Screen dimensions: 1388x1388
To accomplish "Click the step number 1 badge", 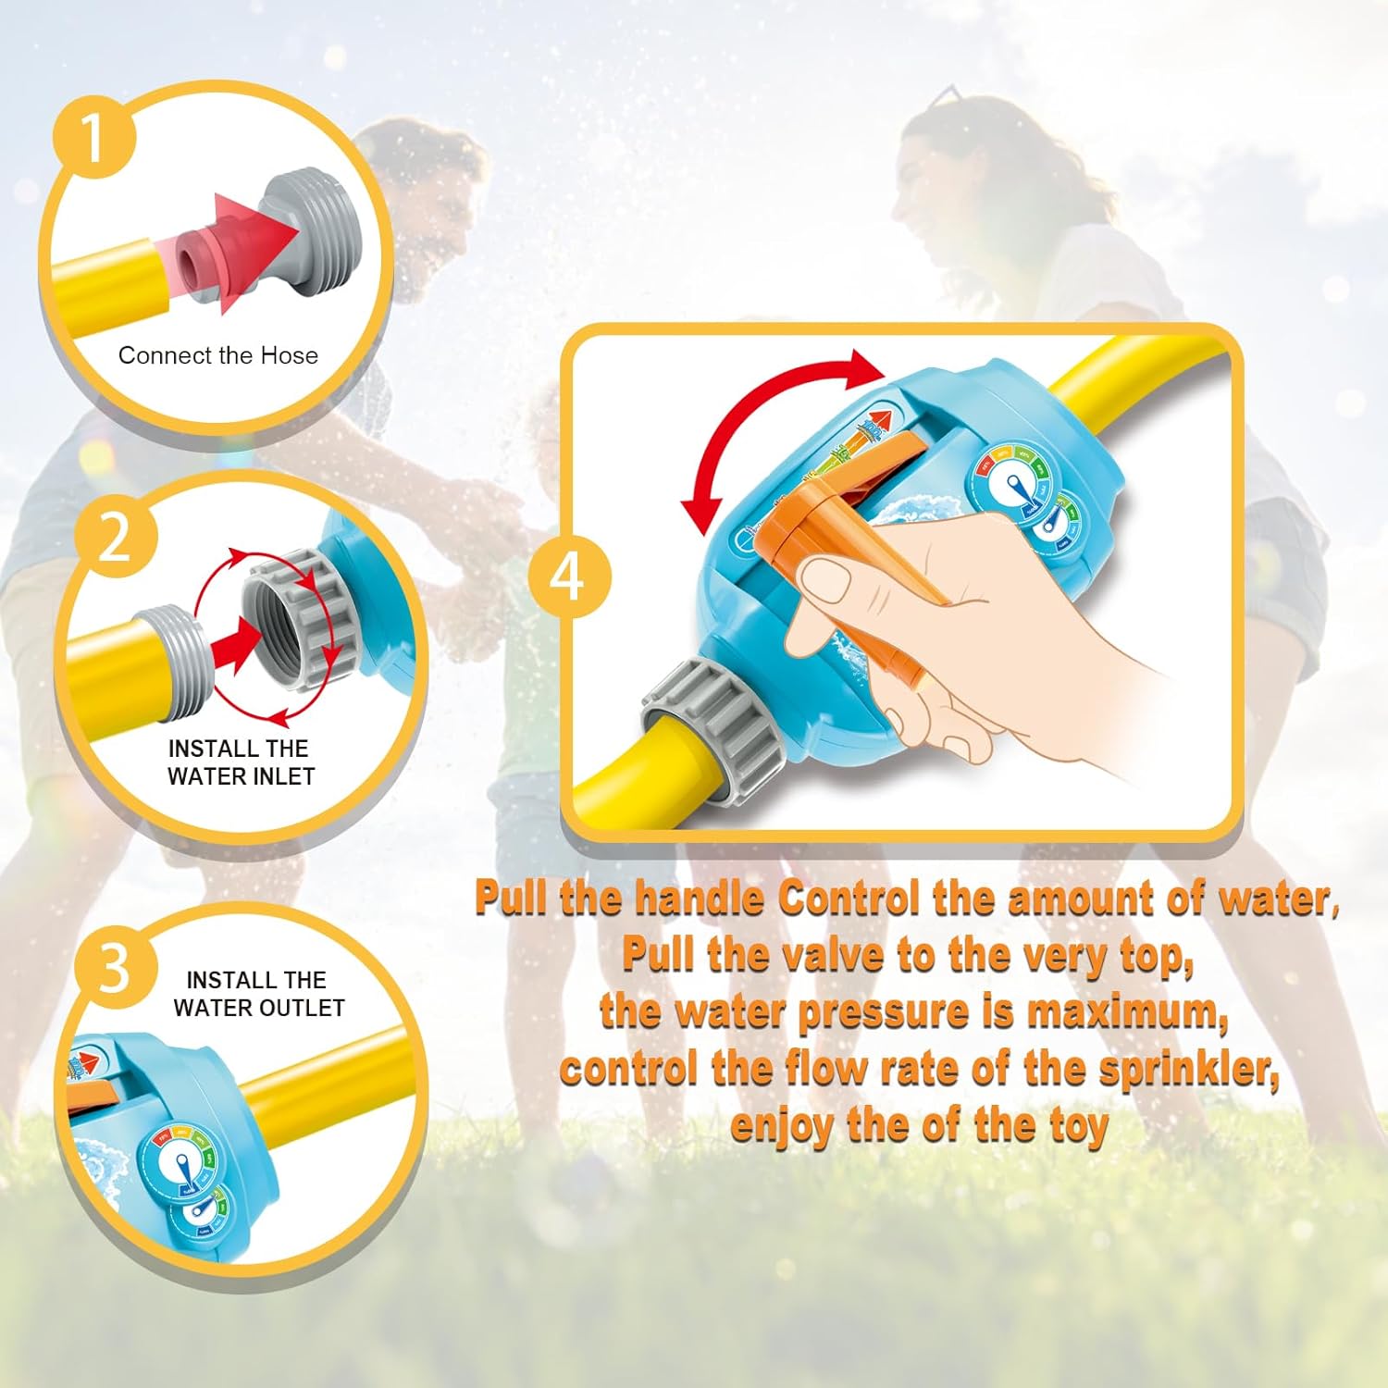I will click(x=93, y=139).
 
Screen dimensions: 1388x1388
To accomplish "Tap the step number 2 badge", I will click(x=115, y=537).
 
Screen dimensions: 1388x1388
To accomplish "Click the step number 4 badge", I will click(x=568, y=576).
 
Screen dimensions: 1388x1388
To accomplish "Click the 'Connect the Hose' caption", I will click(x=218, y=355).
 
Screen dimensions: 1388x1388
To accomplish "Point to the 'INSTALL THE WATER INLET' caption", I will click(x=241, y=762).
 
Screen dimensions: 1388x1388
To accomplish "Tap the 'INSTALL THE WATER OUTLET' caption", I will click(x=258, y=994).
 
